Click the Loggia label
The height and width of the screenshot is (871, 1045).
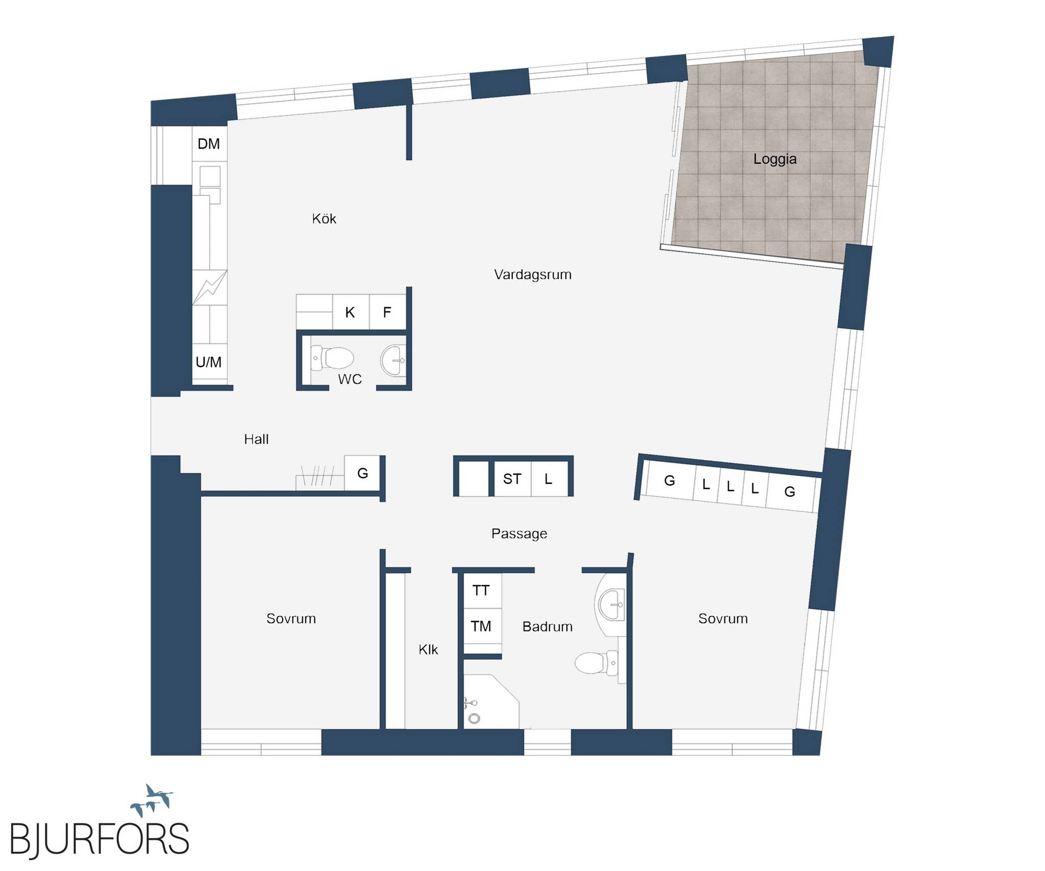pos(775,159)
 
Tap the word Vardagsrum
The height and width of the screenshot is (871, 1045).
pos(533,275)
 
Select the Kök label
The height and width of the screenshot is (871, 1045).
pos(324,218)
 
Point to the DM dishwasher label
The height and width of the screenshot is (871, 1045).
pos(209,144)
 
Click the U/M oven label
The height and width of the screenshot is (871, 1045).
pos(209,362)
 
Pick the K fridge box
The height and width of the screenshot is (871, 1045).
pos(351,312)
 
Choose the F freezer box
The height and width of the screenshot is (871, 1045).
pos(388,312)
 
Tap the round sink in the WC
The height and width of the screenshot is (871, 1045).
pos(393,360)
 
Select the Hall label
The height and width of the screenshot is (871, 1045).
pos(256,439)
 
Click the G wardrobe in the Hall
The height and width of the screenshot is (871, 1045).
pos(362,473)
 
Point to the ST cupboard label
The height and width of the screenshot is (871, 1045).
pos(512,479)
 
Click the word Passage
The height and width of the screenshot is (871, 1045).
pos(519,534)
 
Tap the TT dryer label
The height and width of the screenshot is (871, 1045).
pos(481,590)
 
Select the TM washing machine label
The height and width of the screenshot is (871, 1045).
pos(481,626)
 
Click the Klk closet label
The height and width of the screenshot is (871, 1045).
pos(428,650)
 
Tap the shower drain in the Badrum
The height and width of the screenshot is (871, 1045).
pos(475,718)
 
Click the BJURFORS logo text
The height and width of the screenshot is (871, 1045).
pos(99,838)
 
